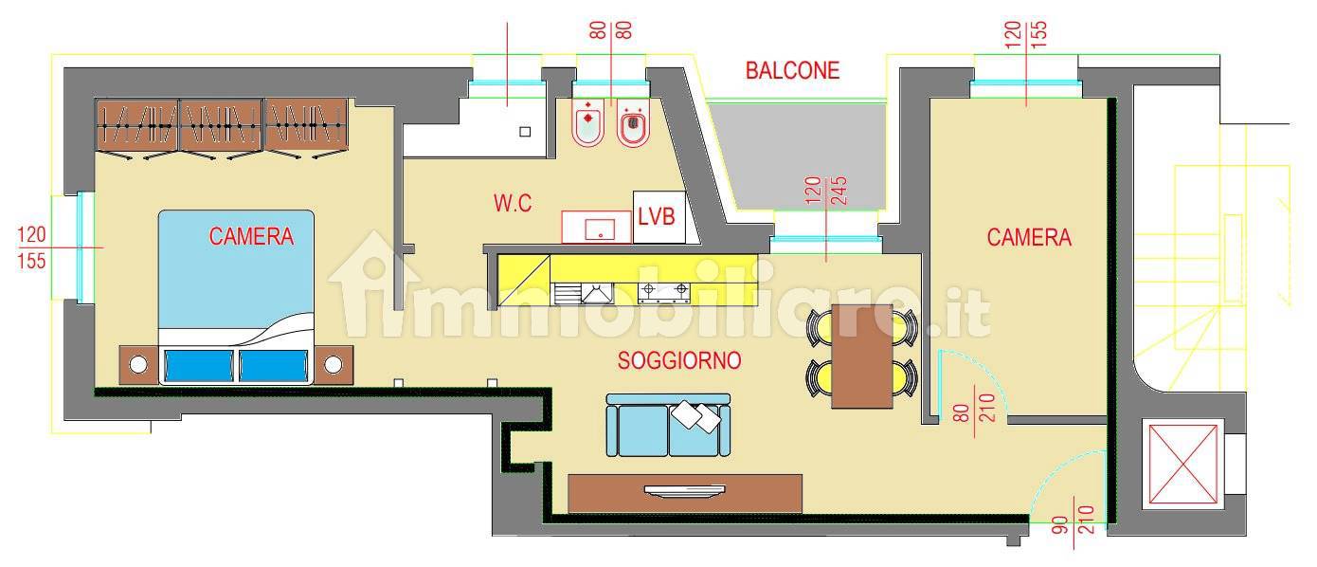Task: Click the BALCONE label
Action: click(792, 70)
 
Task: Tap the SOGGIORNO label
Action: click(679, 360)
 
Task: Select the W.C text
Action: click(513, 204)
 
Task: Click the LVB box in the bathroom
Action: click(659, 217)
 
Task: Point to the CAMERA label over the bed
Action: click(251, 236)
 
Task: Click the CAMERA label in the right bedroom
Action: click(1029, 238)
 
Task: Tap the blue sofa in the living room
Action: click(669, 425)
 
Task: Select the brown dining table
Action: click(862, 357)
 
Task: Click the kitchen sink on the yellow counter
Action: click(597, 293)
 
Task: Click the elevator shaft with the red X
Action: click(1183, 466)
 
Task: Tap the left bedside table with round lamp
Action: click(138, 365)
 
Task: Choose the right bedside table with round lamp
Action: click(334, 365)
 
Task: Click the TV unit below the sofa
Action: click(685, 493)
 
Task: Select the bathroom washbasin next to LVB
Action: click(597, 227)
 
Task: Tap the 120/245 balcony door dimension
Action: click(826, 191)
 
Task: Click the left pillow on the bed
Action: click(199, 365)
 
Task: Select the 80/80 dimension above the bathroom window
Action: click(611, 30)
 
